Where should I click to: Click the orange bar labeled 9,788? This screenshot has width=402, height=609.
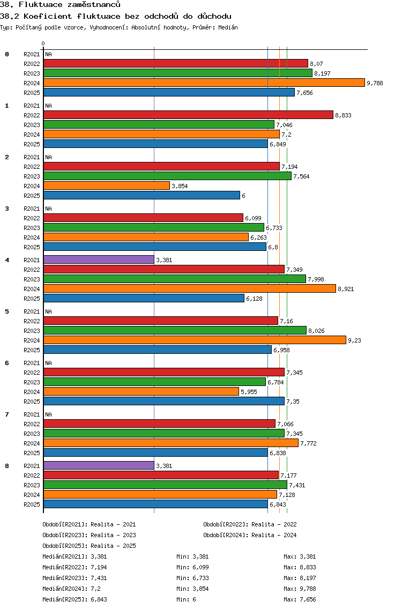(204, 83)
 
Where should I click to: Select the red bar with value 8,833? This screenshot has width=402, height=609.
(188, 115)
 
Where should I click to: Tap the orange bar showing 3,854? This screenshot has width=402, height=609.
(107, 185)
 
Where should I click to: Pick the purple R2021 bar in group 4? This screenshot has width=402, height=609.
(99, 259)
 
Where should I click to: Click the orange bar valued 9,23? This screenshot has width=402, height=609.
(195, 340)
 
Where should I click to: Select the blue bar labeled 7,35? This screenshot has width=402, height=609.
(163, 401)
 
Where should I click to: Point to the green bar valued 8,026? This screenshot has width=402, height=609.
(175, 330)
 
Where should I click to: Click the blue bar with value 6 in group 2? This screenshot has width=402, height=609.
(142, 195)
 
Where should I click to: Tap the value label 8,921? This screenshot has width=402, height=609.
(346, 289)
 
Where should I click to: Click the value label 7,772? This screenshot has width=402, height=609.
(308, 443)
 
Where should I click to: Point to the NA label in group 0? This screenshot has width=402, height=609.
(48, 54)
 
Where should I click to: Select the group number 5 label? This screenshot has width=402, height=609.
(7, 311)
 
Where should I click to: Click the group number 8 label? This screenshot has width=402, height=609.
(7, 466)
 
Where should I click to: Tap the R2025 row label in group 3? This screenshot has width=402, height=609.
(32, 247)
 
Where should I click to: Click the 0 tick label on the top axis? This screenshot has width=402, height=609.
(43, 44)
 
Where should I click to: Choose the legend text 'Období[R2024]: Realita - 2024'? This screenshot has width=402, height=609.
(250, 535)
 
